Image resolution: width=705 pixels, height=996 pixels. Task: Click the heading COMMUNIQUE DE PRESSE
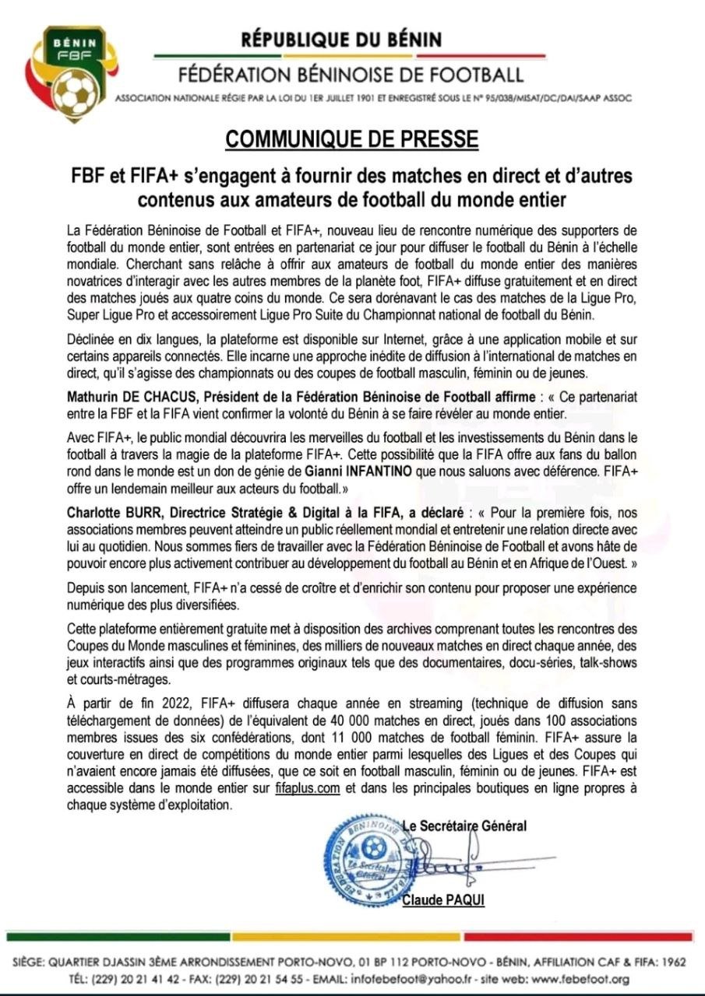pyautogui.click(x=352, y=139)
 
